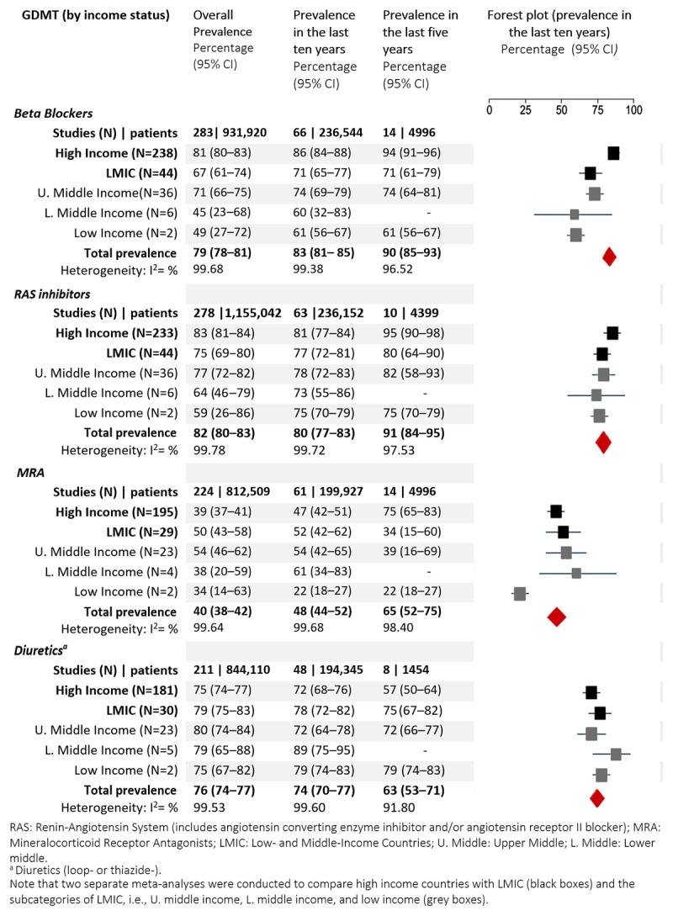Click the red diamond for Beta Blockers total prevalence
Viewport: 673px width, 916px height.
[x=610, y=257]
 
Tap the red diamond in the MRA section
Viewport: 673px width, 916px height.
[x=556, y=617]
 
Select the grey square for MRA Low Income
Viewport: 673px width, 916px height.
[x=520, y=595]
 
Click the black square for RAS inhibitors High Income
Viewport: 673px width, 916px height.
[x=612, y=333]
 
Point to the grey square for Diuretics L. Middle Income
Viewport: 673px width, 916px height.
[x=616, y=755]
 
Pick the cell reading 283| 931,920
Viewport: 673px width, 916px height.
[x=234, y=133]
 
